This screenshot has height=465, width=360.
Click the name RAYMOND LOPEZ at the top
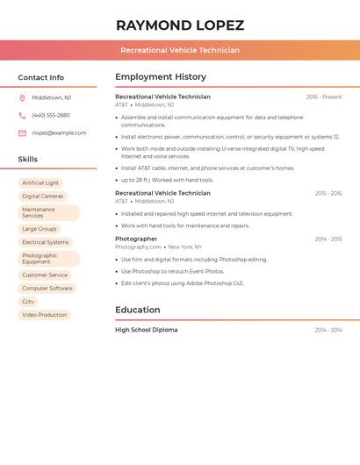click(180, 25)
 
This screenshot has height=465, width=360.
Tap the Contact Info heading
click(41, 77)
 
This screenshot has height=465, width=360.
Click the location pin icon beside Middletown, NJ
click(22, 98)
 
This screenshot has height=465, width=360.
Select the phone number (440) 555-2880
click(51, 115)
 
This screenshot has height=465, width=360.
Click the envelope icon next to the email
click(22, 133)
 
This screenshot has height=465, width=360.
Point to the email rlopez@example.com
click(59, 133)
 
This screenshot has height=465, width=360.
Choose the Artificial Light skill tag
click(40, 183)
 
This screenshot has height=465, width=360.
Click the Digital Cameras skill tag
click(42, 197)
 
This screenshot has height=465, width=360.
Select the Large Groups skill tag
click(40, 229)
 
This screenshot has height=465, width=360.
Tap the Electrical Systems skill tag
click(45, 242)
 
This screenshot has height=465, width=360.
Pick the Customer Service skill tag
click(45, 275)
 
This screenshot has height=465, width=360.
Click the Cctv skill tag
click(29, 302)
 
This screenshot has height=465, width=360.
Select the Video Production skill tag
click(44, 315)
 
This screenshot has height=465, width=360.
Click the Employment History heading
click(161, 77)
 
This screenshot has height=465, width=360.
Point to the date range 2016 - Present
click(324, 97)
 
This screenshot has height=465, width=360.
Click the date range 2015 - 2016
click(328, 193)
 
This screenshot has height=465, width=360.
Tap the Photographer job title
click(136, 239)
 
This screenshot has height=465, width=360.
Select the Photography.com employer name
click(138, 247)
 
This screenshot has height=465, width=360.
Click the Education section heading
click(138, 310)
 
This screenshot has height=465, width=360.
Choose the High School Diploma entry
click(146, 330)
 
